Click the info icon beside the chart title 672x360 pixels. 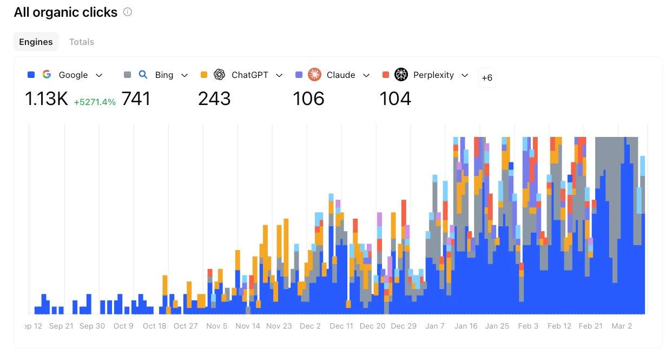coord(128,12)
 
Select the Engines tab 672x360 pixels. coord(36,42)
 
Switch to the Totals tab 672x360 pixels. coord(82,42)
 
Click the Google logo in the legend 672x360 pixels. coord(47,75)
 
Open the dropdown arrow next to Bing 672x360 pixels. coord(185,75)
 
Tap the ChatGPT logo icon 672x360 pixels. coord(219,75)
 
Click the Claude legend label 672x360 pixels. coord(341,75)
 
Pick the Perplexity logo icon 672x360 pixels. coord(401,75)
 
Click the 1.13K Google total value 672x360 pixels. coord(47,99)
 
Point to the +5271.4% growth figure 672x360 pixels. coord(95,102)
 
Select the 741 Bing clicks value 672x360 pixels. coord(136,99)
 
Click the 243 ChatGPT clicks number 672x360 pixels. coord(214,99)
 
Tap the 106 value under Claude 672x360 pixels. coord(308,99)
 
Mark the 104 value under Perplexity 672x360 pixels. coord(395,99)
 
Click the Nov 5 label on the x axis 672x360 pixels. coord(217,326)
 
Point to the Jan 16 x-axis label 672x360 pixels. coord(466,326)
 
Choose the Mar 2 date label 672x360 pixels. coord(622,326)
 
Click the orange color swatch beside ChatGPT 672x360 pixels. coord(204,75)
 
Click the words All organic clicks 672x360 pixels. coord(65,12)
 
